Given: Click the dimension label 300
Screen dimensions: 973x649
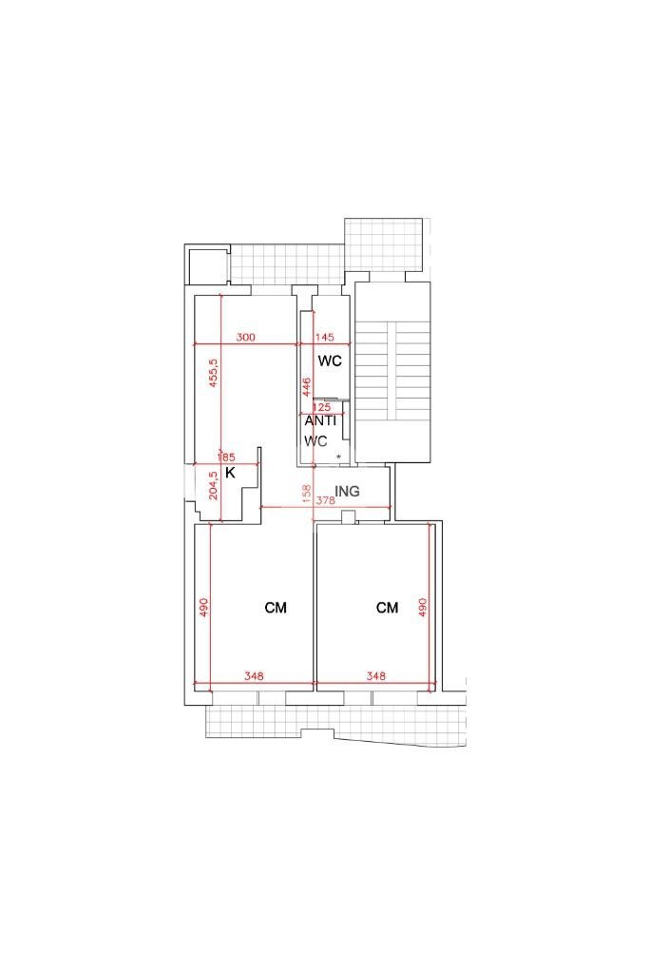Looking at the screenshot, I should (246, 338).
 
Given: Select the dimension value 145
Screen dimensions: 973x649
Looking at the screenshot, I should (324, 338).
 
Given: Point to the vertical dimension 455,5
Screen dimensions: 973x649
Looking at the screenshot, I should (214, 372).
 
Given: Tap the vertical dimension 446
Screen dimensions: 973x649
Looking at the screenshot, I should (307, 387).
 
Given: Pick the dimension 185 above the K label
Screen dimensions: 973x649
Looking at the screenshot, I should (227, 457).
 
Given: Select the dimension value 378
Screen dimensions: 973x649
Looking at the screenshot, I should (325, 500).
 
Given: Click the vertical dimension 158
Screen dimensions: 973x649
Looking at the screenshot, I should (307, 496).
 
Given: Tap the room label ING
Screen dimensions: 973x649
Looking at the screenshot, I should (348, 492).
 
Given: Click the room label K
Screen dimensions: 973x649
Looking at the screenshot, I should (230, 472).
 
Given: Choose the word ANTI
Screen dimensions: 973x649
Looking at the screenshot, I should (320, 420).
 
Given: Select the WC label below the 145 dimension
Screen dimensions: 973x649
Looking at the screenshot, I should (330, 361).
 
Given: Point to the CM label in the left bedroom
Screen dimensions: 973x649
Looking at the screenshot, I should (276, 608).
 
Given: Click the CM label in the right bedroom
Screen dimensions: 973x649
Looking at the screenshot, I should (387, 608).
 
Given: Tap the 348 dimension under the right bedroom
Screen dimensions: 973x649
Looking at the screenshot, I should (376, 677).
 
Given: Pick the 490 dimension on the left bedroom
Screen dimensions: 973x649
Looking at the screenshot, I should (203, 608).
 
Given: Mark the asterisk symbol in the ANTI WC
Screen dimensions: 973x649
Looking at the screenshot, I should (338, 457).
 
